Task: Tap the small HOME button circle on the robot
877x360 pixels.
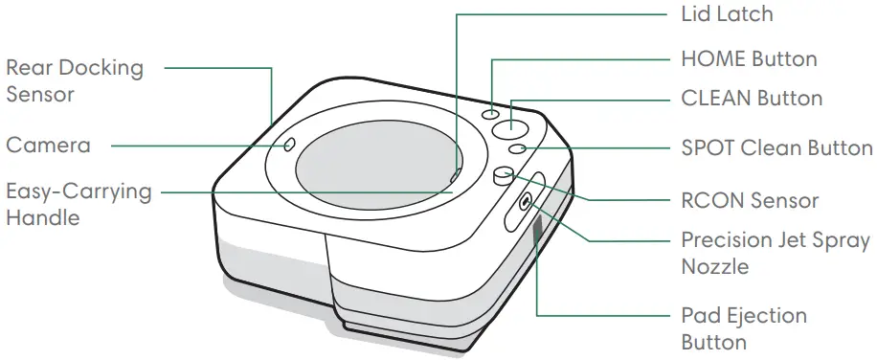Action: tap(494, 113)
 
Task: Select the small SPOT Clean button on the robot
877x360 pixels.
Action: tap(517, 149)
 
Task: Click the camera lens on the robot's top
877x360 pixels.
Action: tap(288, 146)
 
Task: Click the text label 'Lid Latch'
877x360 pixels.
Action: tap(726, 14)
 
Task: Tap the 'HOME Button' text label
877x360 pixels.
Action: tap(749, 59)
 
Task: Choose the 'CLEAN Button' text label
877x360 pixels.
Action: tap(751, 98)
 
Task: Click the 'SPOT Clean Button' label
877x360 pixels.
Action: tap(776, 148)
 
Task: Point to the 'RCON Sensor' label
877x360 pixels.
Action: tap(750, 200)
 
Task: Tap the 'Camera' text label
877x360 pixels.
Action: tap(48, 145)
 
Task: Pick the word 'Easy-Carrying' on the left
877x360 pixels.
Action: tap(79, 191)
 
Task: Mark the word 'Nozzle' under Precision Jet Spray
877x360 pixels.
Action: tap(714, 265)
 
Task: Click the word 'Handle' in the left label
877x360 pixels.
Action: tap(42, 217)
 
